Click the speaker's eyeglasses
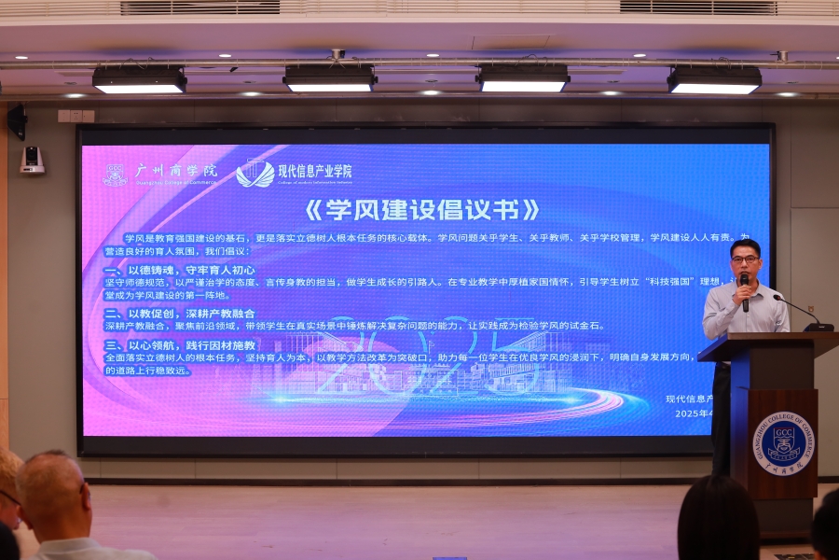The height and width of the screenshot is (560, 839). (745, 259)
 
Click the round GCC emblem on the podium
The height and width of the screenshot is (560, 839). (783, 442)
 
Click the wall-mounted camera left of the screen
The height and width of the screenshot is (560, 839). (33, 160)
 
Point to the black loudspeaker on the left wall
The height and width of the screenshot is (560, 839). (18, 121)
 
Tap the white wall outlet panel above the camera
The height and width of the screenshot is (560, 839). (76, 116)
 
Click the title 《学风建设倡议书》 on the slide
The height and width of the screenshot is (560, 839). (422, 207)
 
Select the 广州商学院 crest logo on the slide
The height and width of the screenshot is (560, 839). (115, 175)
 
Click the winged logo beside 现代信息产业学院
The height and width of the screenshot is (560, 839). (255, 174)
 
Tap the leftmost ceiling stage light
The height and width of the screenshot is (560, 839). (139, 81)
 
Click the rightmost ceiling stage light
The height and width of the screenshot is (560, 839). (714, 81)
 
